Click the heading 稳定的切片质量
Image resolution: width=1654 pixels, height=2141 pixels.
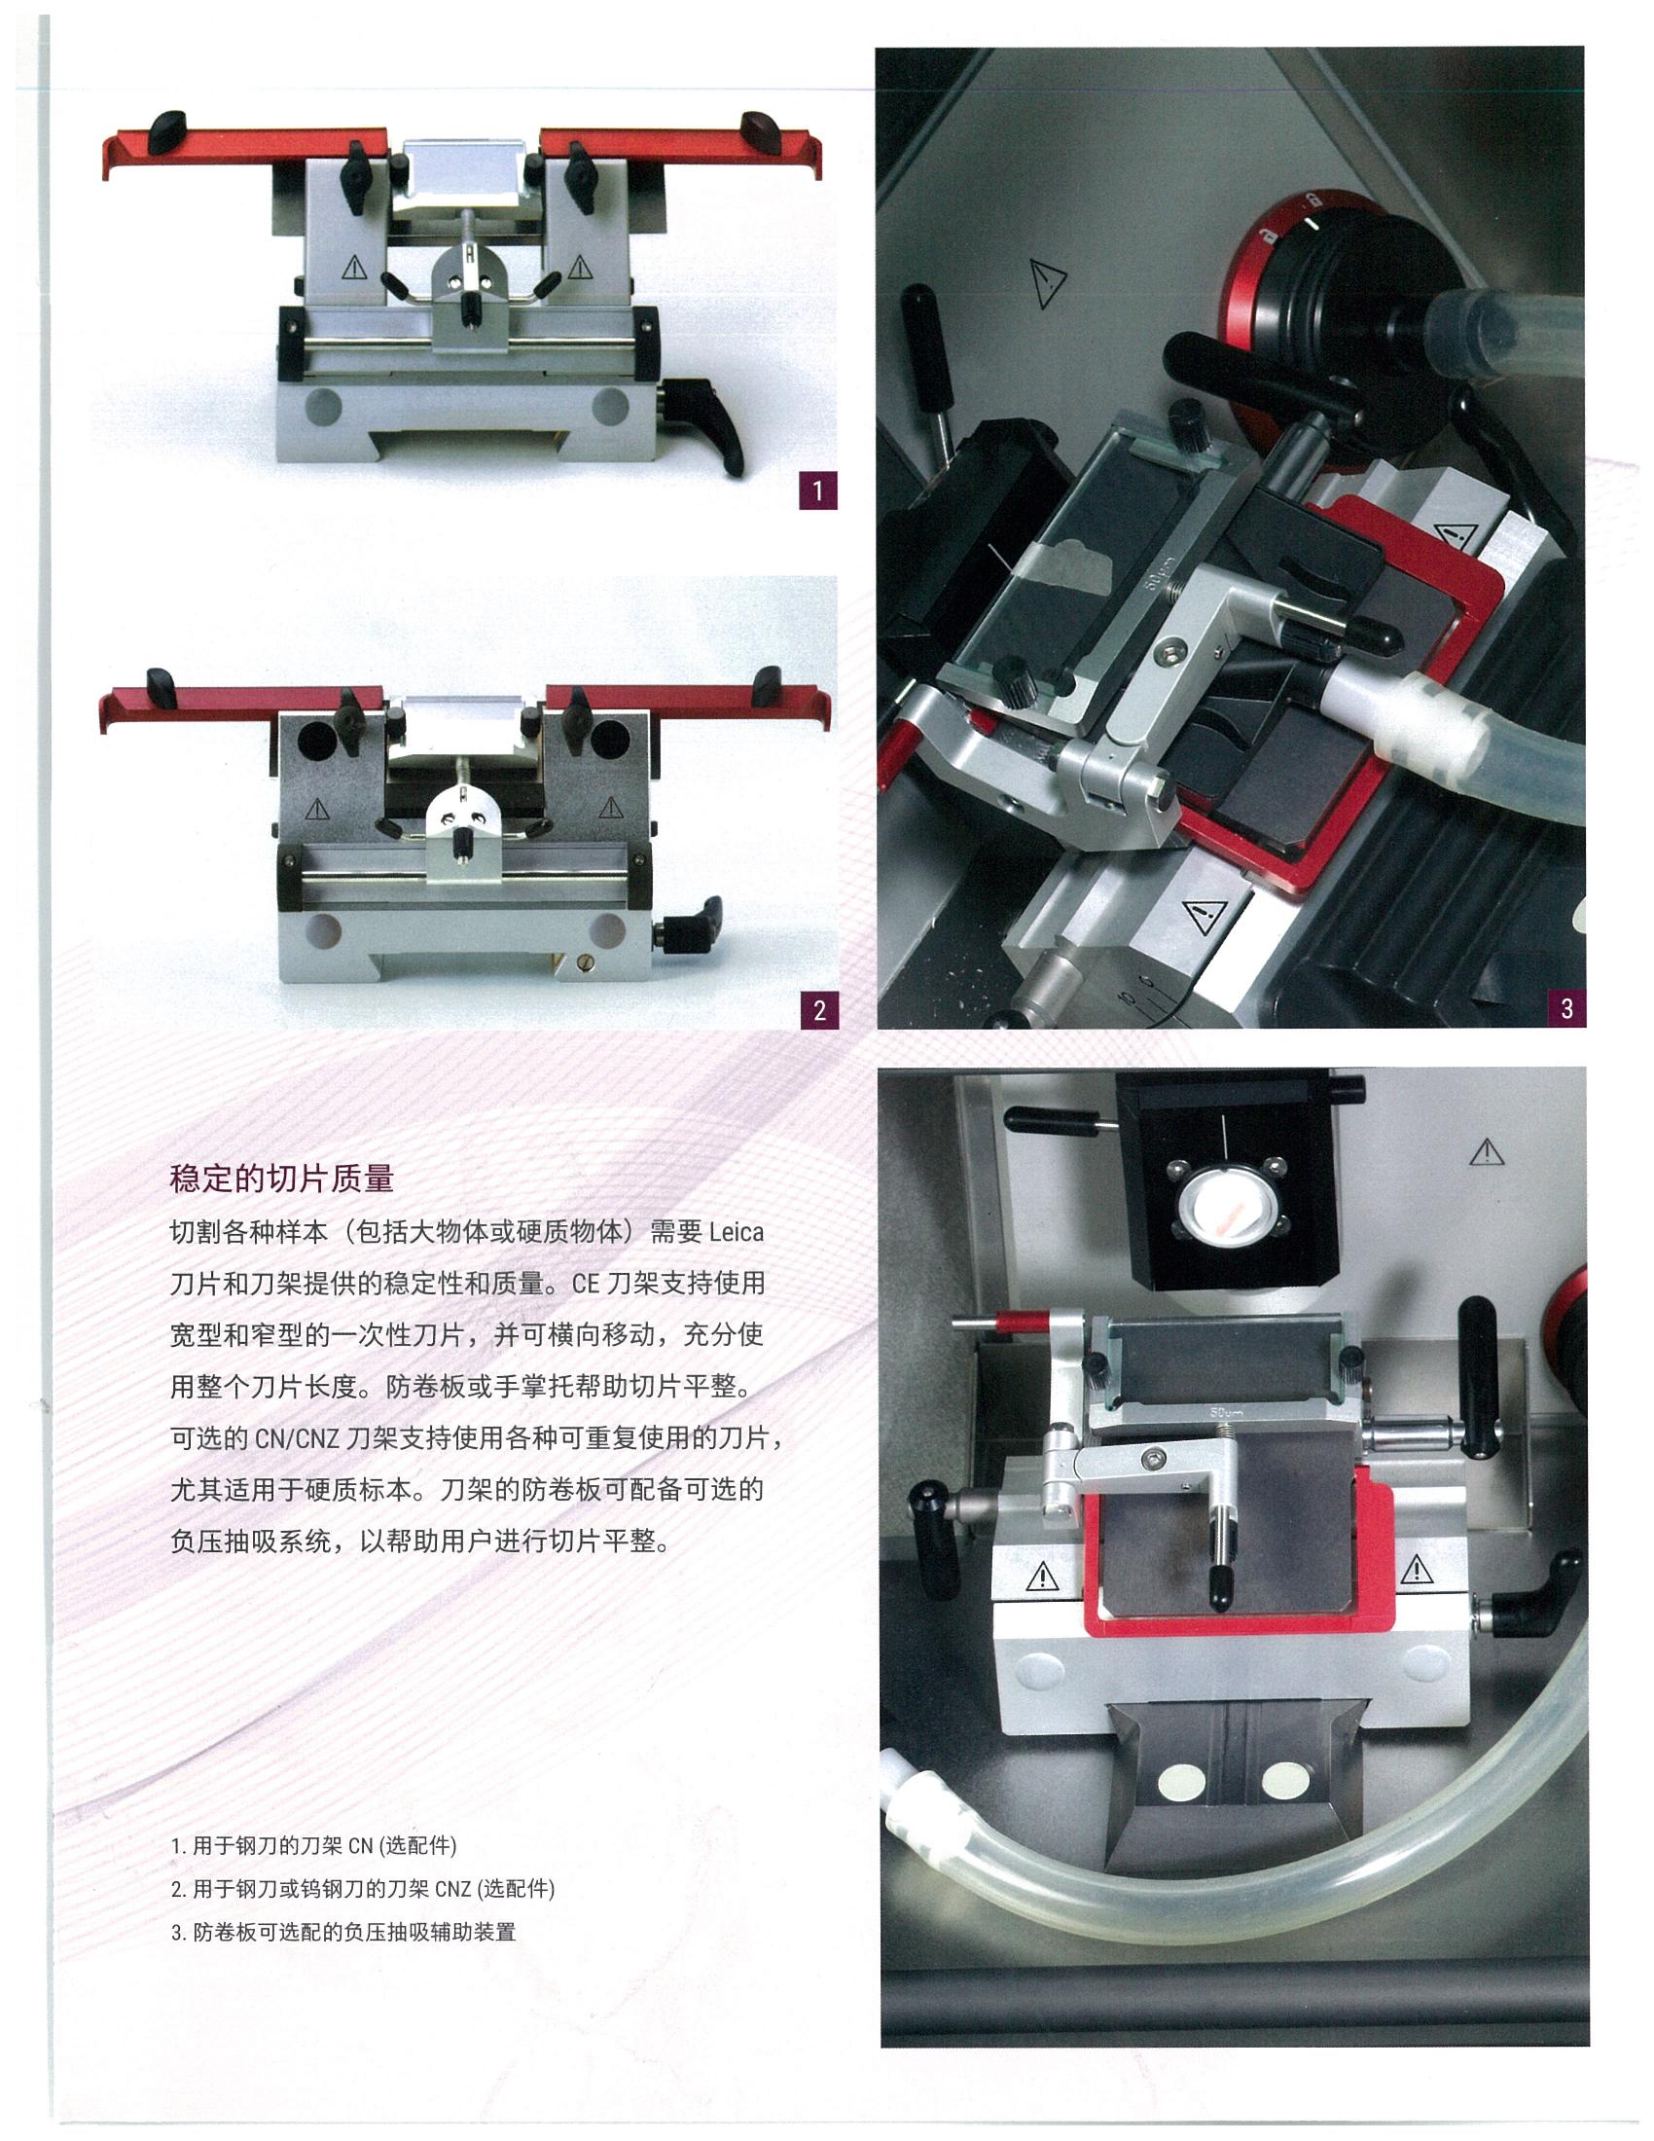coord(282,1179)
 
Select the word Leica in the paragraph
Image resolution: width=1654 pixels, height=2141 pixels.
coord(735,1232)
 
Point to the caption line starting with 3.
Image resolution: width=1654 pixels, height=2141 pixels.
coord(342,1932)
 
